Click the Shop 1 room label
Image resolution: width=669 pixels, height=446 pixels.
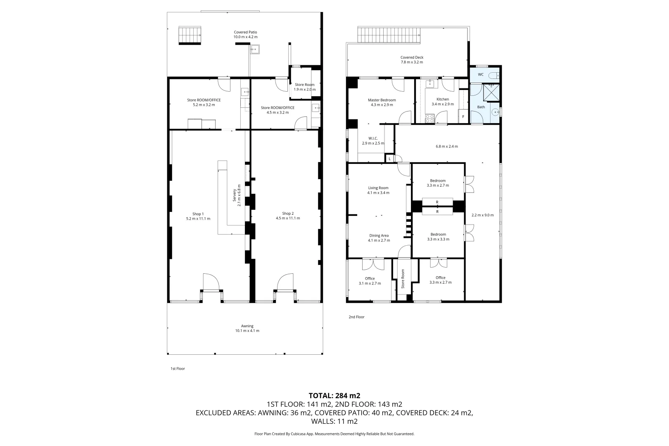[x=198, y=214]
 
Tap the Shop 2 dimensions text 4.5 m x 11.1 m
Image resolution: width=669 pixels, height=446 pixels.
[x=288, y=218]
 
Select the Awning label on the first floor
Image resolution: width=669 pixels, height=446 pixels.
[x=247, y=326]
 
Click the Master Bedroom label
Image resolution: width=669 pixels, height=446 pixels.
[x=382, y=100]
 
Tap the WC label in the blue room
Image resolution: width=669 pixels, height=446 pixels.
[x=480, y=75]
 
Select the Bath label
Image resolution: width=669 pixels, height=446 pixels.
[x=481, y=107]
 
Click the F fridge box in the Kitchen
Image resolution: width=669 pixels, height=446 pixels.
[x=463, y=117]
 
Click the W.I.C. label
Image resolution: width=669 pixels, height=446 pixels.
[x=373, y=138]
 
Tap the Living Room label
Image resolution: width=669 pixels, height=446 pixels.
[x=378, y=188]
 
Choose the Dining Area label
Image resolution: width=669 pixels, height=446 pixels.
[x=379, y=235]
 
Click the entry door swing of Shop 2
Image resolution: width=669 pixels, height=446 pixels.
[x=285, y=282]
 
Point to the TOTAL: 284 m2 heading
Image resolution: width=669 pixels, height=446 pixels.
[x=334, y=396]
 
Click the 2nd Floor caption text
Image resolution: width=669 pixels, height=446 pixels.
[x=356, y=317]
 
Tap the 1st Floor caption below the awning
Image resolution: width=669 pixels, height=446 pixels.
[x=178, y=368]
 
